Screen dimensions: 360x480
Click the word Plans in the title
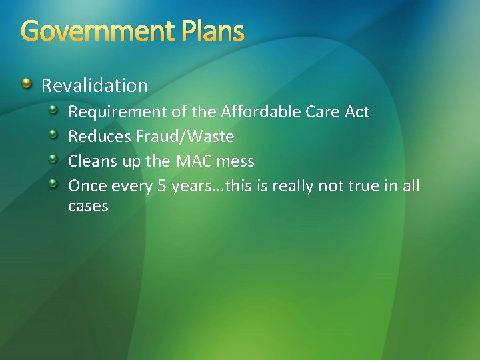pos(211,31)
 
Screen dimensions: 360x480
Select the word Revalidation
pos(95,85)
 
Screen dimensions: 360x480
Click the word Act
pos(357,111)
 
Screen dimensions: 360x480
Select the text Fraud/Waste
pos(186,137)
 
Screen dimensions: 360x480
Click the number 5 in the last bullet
pos(162,185)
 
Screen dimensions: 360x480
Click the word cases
pos(88,207)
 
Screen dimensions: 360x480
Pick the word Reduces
pos(99,137)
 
